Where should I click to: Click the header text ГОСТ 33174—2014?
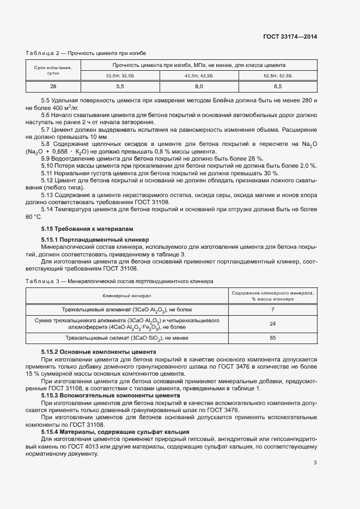pyautogui.click(x=290, y=37)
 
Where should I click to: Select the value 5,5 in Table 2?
pyautogui.click(x=120, y=87)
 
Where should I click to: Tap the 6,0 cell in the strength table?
pyautogui.click(x=199, y=87)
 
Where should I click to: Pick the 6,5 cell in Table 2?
pyautogui.click(x=277, y=87)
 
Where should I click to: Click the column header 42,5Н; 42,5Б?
pyautogui.click(x=199, y=76)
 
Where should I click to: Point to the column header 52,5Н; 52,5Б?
pyautogui.click(x=277, y=76)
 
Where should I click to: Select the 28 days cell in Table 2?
pyautogui.click(x=53, y=87)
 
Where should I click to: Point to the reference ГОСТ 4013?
pyautogui.click(x=84, y=446)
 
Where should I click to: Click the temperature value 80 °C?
pyautogui.click(x=34, y=217)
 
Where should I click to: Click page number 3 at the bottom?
pyautogui.click(x=315, y=463)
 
